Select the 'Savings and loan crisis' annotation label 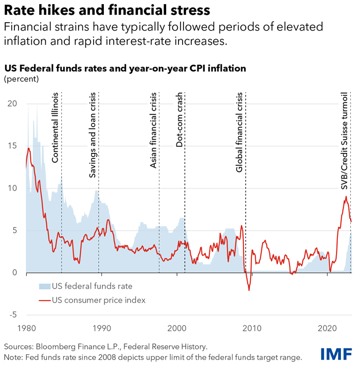[x=93, y=136]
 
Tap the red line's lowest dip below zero [x=249, y=290]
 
